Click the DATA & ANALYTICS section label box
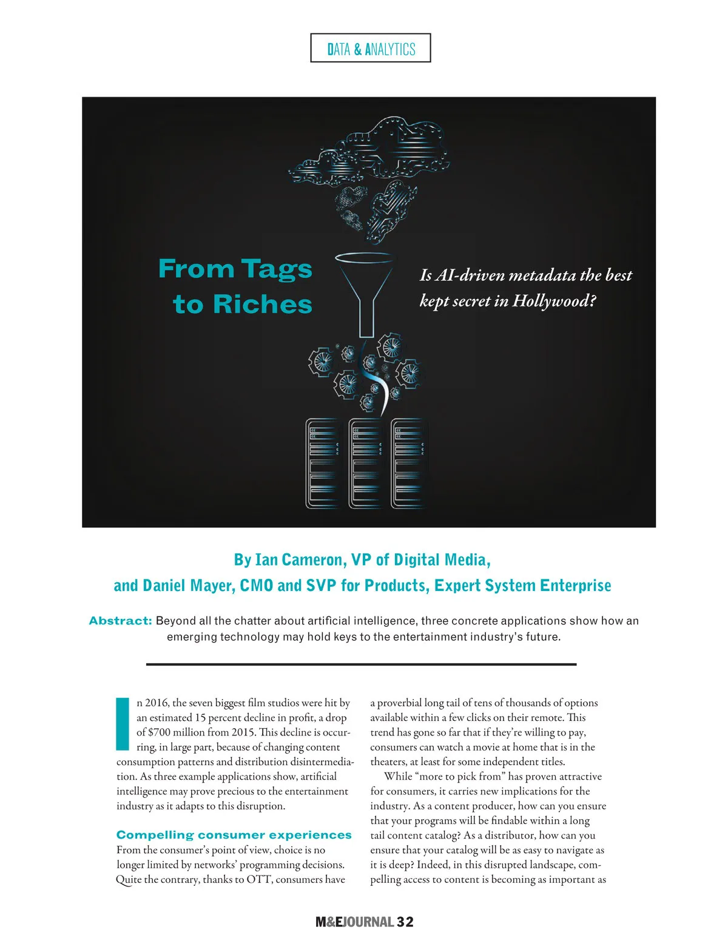tap(371, 49)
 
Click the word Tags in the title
tap(277, 269)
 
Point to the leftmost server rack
tap(322, 463)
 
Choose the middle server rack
tap(365, 463)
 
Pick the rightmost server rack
tap(407, 463)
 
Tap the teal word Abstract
tap(120, 621)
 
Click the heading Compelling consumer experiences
tap(234, 835)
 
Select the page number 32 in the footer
tap(405, 922)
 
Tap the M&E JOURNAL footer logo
tap(354, 922)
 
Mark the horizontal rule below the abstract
tap(361, 664)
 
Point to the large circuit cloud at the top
tap(370, 152)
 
